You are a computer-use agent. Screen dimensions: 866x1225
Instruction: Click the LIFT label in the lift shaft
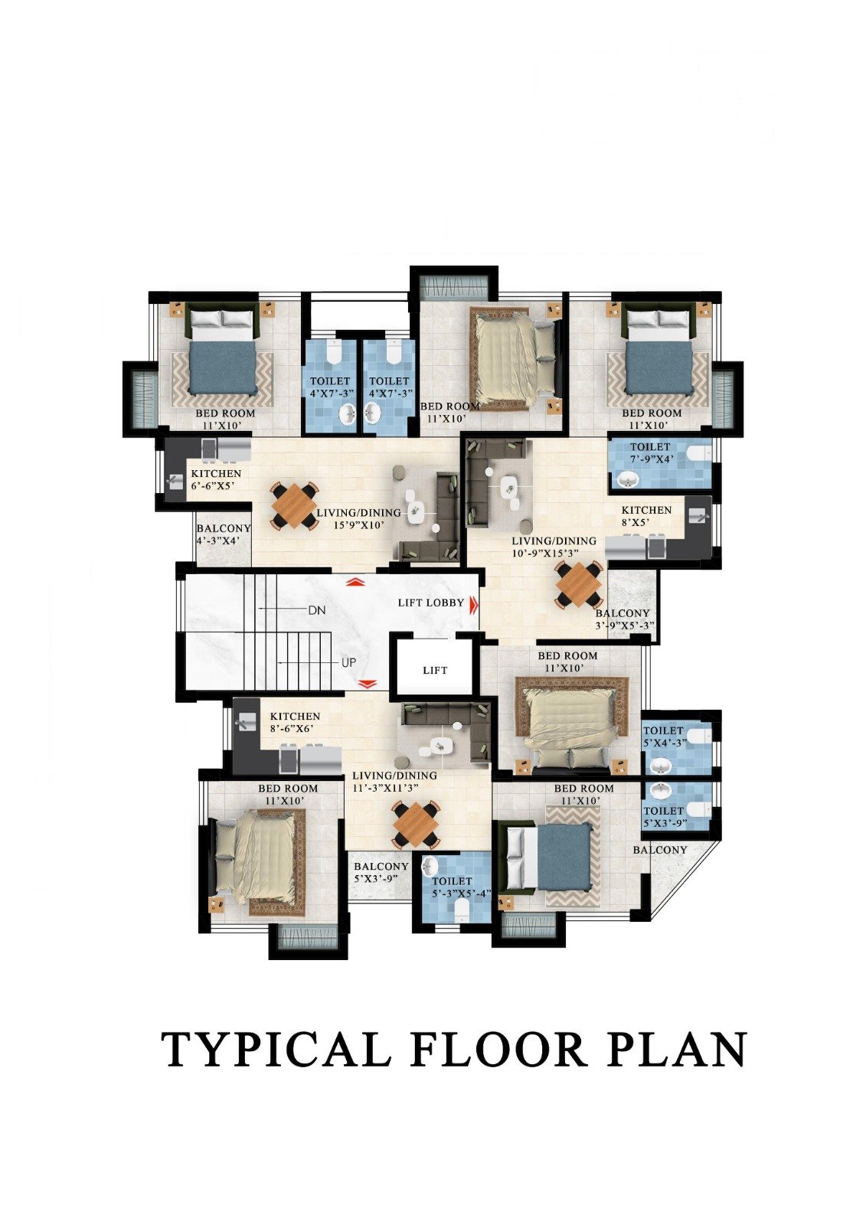tap(435, 671)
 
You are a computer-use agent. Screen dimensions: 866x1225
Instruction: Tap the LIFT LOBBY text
tap(430, 603)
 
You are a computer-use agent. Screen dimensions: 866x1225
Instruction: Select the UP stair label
tap(348, 663)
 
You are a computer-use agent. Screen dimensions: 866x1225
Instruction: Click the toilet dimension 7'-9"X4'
tap(651, 459)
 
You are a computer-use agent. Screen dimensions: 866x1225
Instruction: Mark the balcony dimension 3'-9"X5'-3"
tap(626, 626)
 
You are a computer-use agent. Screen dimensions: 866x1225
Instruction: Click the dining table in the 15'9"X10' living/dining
tap(294, 505)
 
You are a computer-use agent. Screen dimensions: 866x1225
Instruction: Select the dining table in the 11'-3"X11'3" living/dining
tap(417, 824)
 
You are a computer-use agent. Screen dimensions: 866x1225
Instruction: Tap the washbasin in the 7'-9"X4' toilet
tap(628, 480)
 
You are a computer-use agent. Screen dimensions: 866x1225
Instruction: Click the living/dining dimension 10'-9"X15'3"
tap(554, 554)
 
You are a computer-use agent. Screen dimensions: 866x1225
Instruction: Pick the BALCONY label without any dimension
tap(660, 850)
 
